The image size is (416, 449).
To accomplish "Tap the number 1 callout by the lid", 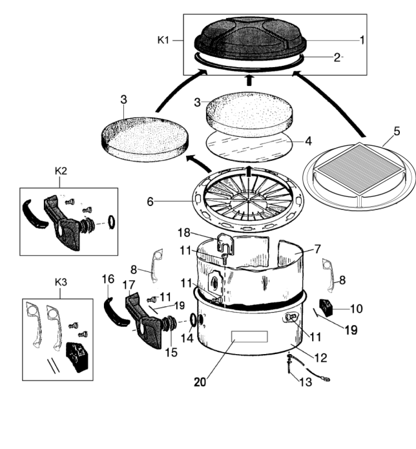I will [363, 39].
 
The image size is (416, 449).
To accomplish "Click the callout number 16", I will [107, 279].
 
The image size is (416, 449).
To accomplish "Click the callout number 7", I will [318, 247].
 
